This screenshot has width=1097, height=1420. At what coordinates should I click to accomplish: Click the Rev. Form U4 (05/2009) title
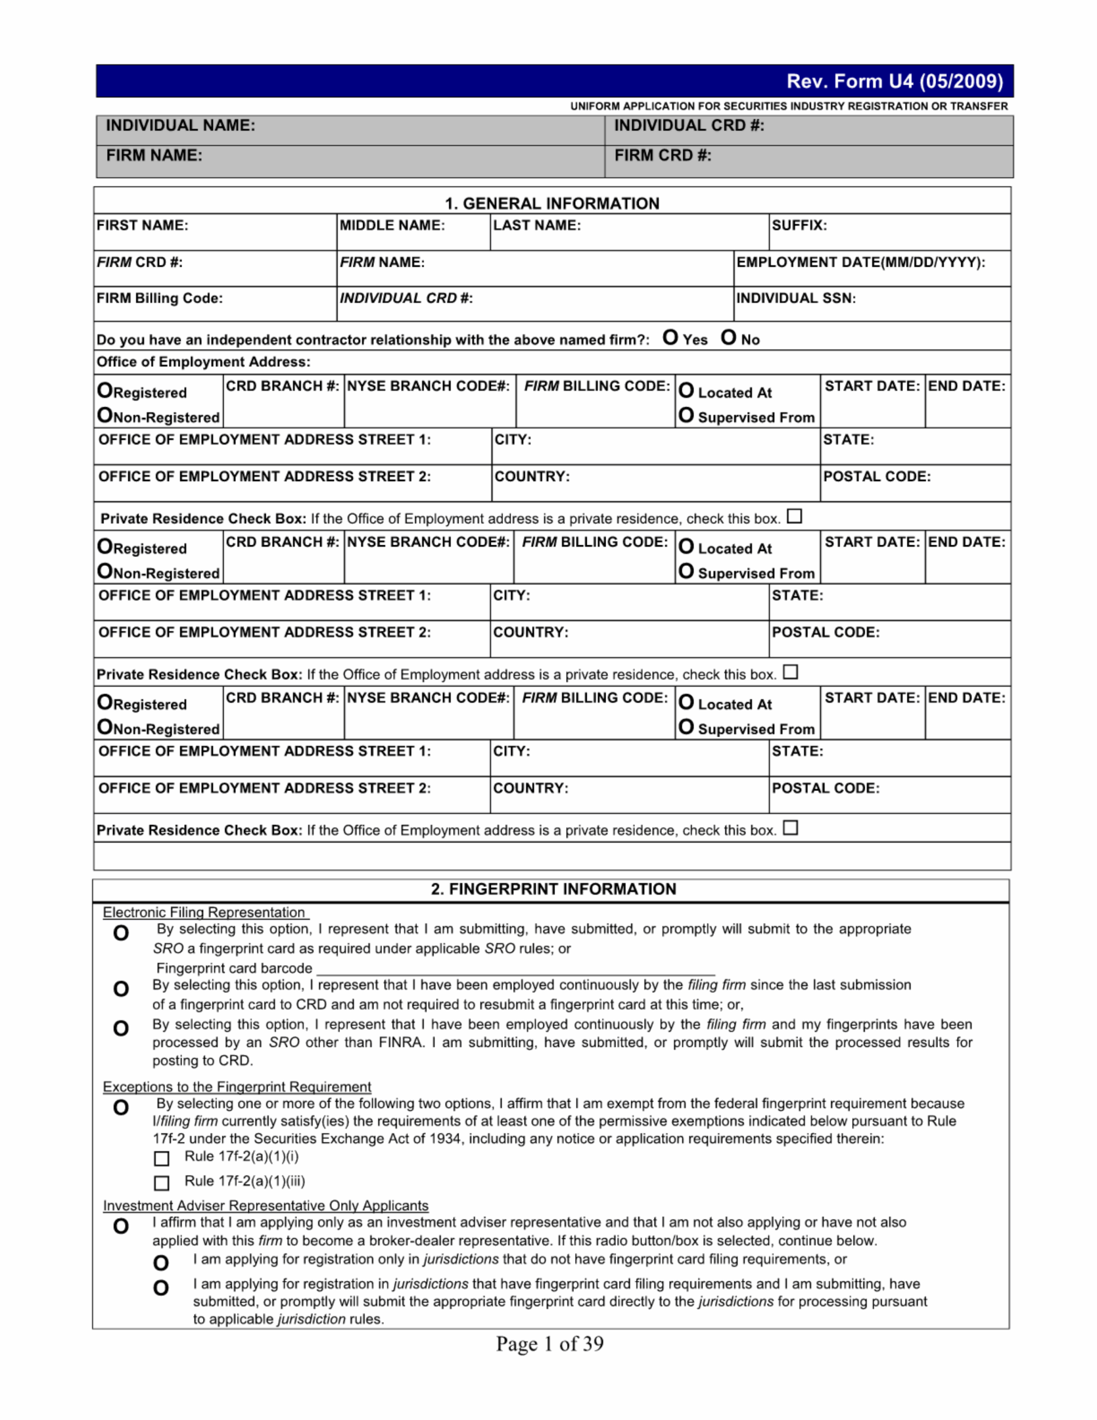point(894,82)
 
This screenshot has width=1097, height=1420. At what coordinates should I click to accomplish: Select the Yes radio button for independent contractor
point(670,337)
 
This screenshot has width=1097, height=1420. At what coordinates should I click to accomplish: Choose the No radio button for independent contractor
point(728,337)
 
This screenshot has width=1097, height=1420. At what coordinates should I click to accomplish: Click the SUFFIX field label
point(799,226)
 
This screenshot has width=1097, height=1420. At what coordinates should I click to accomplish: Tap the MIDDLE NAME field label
point(392,226)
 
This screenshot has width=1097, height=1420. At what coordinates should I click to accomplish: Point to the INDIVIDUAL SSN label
point(795,298)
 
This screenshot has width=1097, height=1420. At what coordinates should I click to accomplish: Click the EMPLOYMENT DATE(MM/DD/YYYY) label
point(860,263)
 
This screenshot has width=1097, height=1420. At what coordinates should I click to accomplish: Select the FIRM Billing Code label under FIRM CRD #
point(159,298)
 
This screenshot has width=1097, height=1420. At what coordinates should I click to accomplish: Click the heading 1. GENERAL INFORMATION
point(551,204)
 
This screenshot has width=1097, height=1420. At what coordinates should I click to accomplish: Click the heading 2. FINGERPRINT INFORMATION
point(553,889)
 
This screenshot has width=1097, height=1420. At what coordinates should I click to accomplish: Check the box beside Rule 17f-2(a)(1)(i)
point(162,1159)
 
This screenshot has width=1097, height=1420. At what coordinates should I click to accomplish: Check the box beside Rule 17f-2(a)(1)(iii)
point(162,1183)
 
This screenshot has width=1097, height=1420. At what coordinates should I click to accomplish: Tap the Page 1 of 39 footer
point(550,1344)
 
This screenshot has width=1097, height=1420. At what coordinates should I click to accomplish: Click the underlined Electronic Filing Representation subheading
point(204,912)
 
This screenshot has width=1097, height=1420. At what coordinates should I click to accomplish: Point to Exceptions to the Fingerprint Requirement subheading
point(237,1087)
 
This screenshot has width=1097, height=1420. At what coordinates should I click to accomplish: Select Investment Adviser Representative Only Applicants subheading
point(265,1205)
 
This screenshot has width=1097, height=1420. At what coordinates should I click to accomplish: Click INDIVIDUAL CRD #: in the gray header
point(689,125)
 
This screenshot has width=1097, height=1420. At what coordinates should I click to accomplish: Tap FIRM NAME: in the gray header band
point(154,155)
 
